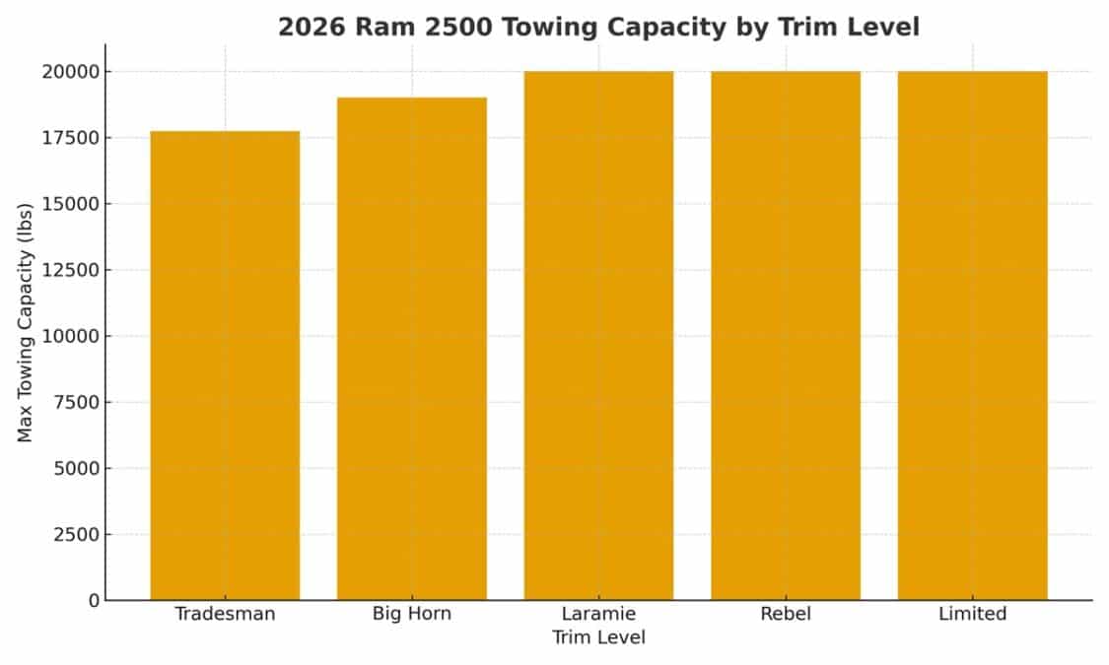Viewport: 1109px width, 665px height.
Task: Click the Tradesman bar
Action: click(x=225, y=366)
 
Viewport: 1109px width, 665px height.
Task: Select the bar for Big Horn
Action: click(x=412, y=349)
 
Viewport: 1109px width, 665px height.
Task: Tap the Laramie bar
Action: click(x=598, y=335)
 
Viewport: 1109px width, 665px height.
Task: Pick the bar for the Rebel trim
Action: click(x=786, y=335)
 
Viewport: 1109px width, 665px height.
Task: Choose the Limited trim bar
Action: click(x=972, y=335)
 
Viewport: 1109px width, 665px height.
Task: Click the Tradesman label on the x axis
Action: click(x=225, y=614)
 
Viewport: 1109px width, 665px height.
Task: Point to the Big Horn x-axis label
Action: click(x=412, y=614)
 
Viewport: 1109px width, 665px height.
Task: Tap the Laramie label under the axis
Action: click(x=598, y=614)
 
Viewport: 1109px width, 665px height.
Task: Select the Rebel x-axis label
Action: click(x=786, y=614)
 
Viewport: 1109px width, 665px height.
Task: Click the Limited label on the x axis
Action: click(x=972, y=614)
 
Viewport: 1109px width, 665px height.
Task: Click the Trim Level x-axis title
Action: click(x=598, y=637)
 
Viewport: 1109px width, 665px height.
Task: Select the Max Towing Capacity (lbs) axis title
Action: click(x=26, y=322)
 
